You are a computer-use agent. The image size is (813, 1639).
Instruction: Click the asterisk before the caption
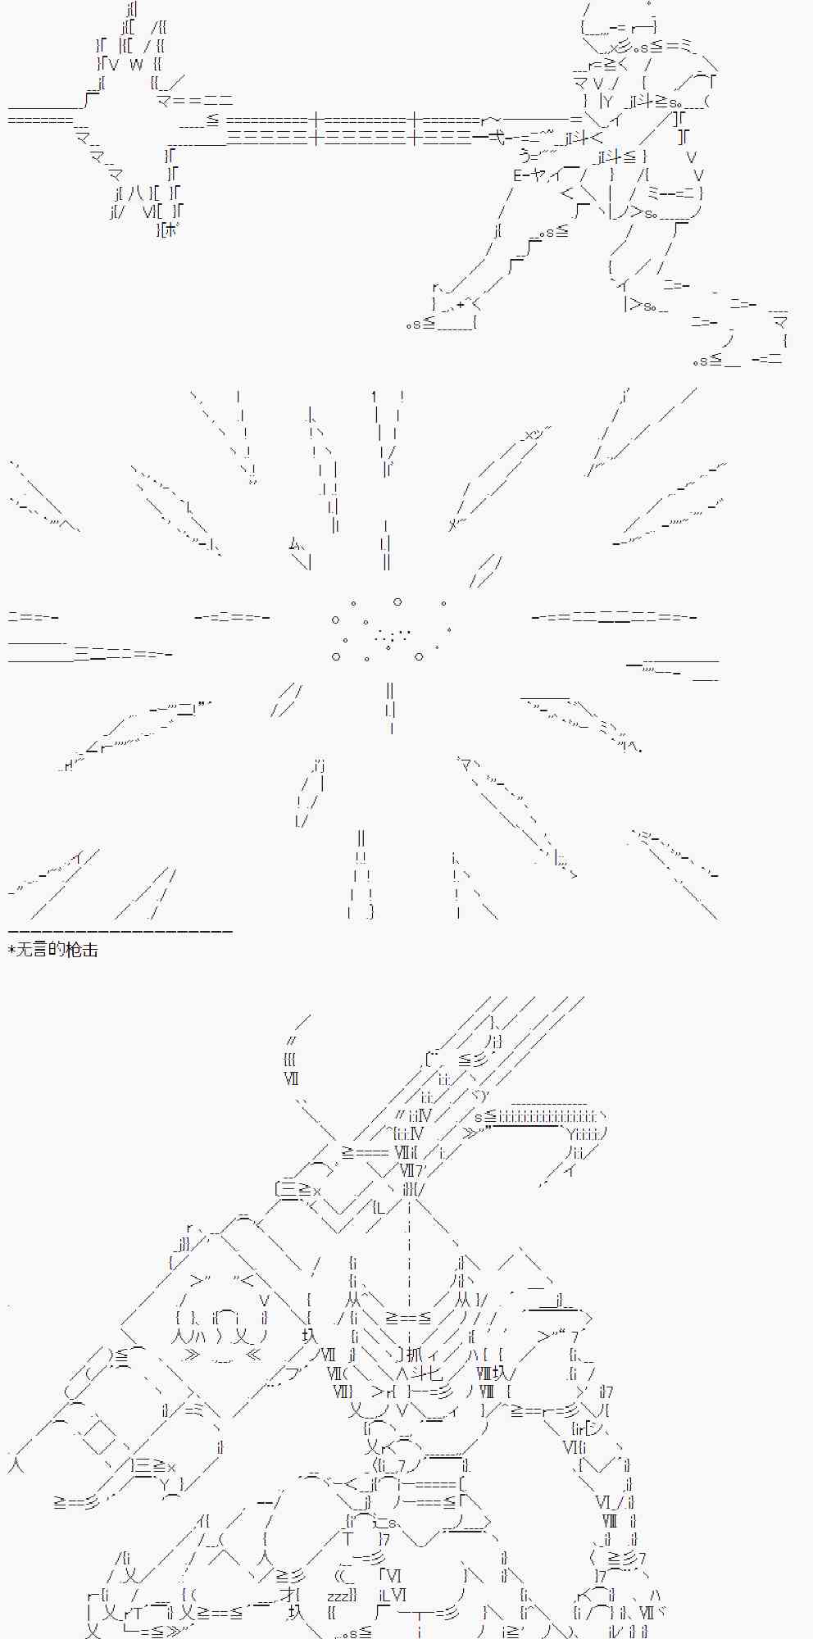[x=11, y=951]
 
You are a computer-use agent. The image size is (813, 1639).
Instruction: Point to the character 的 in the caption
[x=57, y=950]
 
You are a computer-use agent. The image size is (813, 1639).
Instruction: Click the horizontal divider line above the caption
[x=120, y=931]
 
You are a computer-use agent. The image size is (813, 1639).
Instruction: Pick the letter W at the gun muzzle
[x=136, y=64]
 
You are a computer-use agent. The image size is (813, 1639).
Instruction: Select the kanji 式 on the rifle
[x=496, y=137]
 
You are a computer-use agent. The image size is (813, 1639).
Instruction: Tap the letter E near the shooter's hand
[x=518, y=175]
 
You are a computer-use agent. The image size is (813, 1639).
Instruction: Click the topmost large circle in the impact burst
[x=397, y=602]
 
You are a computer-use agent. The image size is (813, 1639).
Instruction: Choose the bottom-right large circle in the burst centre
[x=419, y=656]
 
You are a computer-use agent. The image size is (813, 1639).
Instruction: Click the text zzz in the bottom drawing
[x=339, y=1595]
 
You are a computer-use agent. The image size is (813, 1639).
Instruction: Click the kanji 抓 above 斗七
[x=414, y=1353]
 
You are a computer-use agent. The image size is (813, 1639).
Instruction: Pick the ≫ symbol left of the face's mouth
[x=191, y=1354]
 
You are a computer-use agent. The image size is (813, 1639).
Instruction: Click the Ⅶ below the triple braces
[x=291, y=1078]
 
